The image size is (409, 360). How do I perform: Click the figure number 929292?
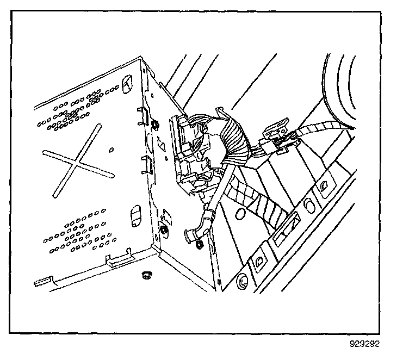(x=365, y=344)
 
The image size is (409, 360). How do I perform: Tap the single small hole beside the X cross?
(x=111, y=149)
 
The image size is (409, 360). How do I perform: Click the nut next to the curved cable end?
(x=199, y=245)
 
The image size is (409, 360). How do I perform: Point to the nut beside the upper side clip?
(x=156, y=126)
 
